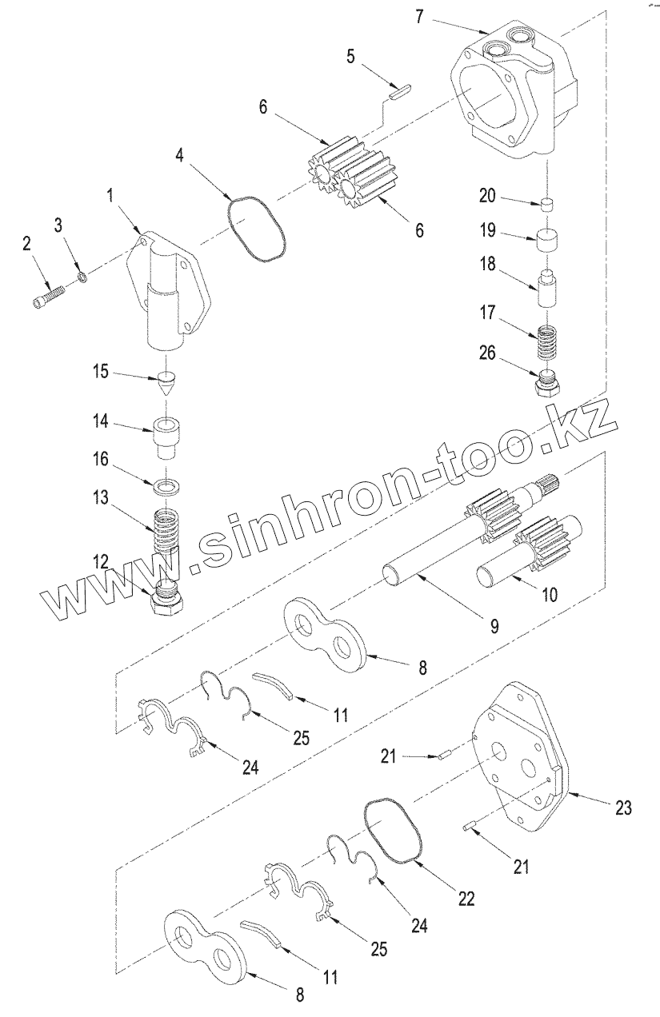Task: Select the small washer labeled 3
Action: point(82,277)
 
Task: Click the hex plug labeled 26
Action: point(546,382)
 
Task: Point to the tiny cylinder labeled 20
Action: point(546,203)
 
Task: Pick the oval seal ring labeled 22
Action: point(395,832)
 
